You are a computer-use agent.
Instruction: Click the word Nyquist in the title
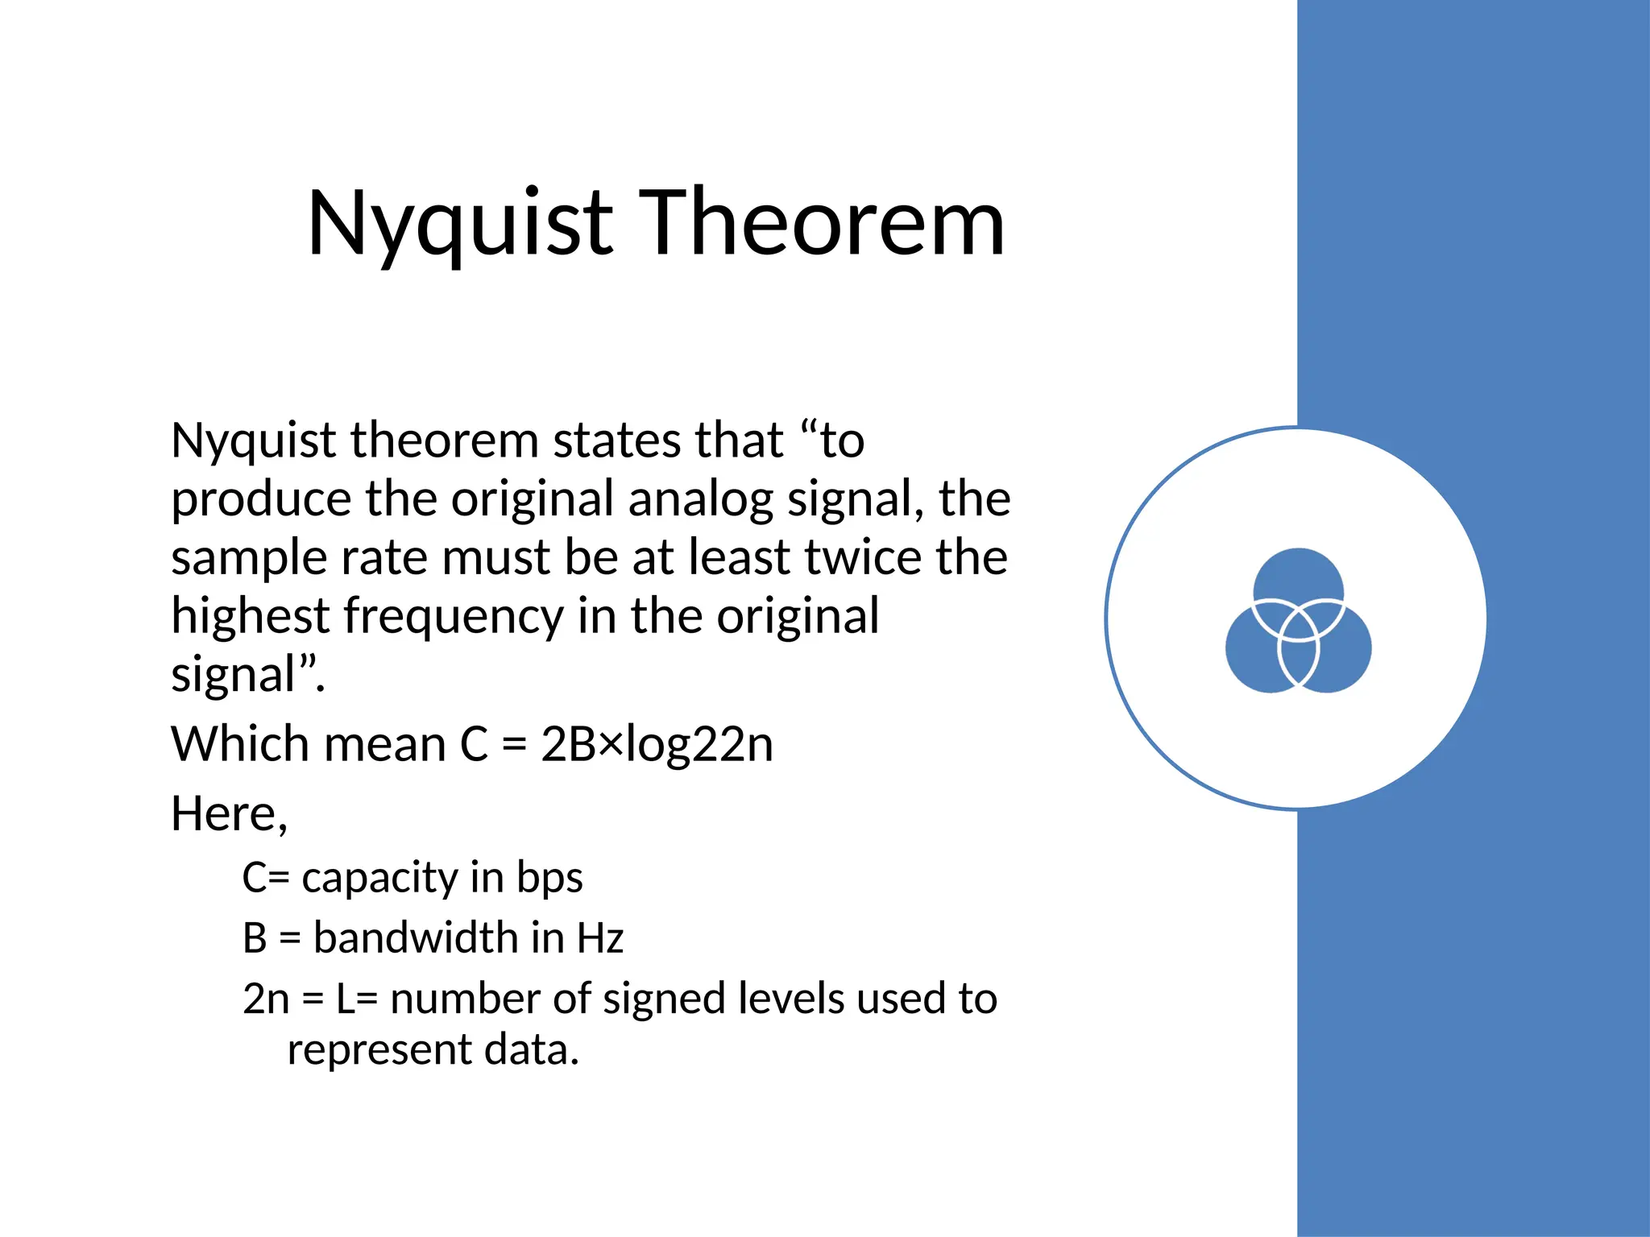click(x=460, y=224)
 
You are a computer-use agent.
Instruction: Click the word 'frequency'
click(x=454, y=618)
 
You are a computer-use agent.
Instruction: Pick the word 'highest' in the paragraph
click(x=249, y=618)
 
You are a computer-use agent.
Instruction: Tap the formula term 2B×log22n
click(x=657, y=744)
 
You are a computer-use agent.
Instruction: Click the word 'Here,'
click(x=229, y=814)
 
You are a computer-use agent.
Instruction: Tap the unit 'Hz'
click(x=600, y=938)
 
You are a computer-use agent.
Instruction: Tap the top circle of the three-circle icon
click(x=1298, y=573)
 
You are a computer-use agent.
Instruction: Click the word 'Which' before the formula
click(x=239, y=744)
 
